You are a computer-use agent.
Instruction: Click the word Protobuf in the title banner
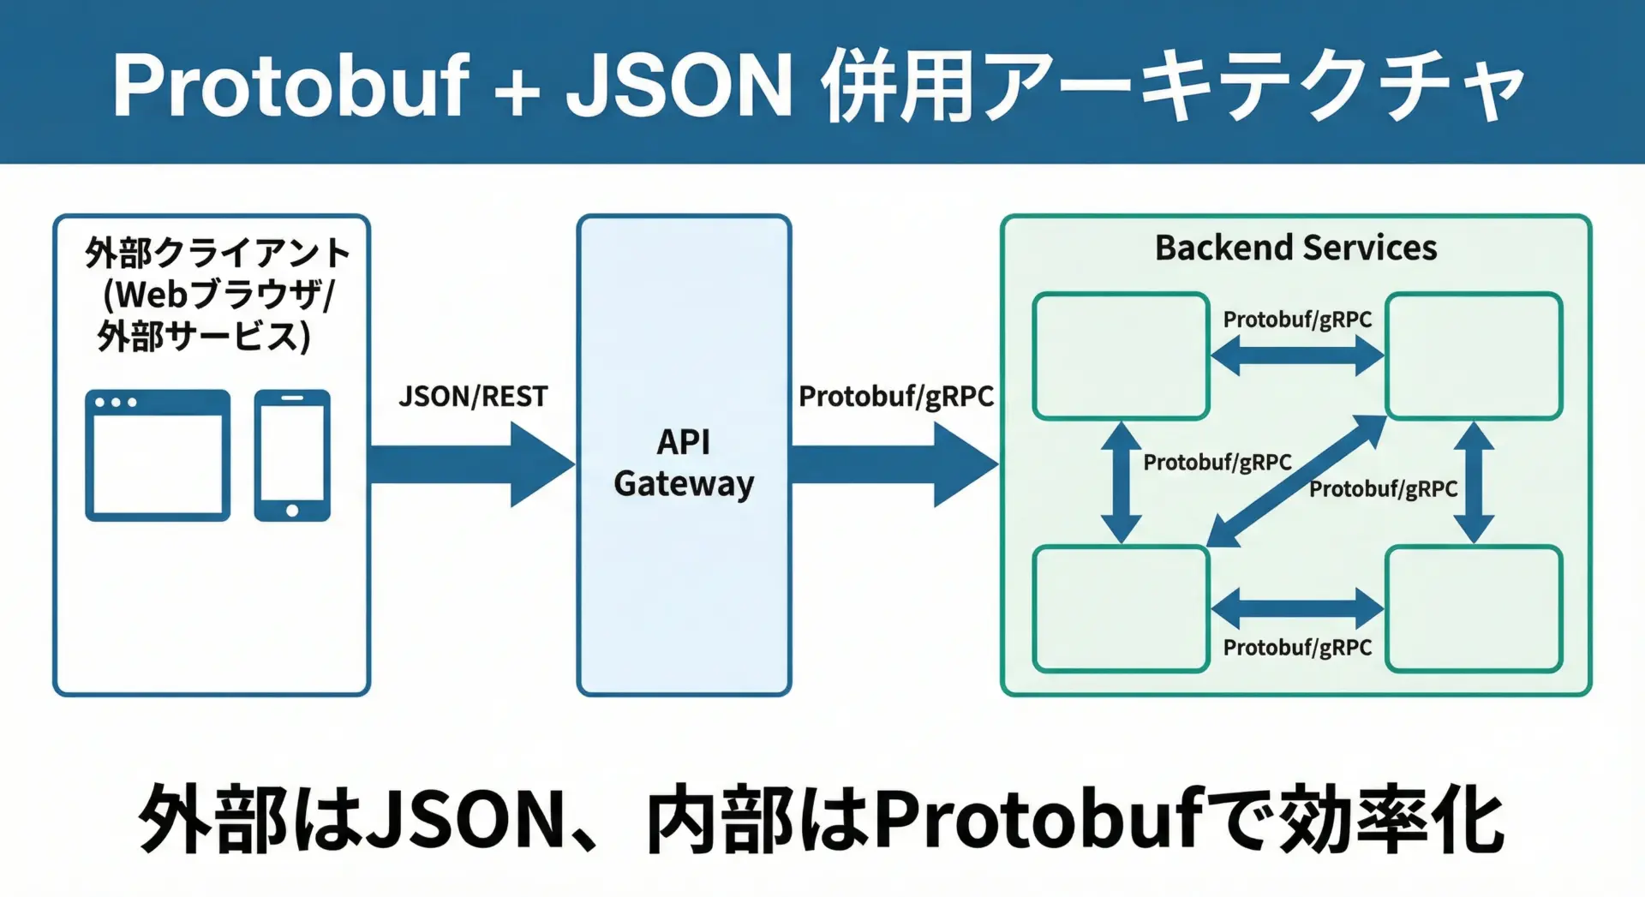(290, 86)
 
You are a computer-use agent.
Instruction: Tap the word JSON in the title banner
(679, 86)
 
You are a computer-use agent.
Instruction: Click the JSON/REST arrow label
(473, 397)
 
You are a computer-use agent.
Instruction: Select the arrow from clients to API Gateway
(471, 464)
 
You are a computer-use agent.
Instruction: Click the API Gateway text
(684, 463)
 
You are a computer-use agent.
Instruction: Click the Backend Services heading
(1295, 248)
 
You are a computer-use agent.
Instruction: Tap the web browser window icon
(158, 455)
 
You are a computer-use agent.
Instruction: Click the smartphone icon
(292, 455)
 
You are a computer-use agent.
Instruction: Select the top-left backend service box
(1121, 356)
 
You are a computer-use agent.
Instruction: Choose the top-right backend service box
(1474, 356)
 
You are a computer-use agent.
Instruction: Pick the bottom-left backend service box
(1121, 609)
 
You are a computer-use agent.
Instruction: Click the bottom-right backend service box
(1474, 609)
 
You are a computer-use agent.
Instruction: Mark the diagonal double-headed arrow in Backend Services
(1296, 481)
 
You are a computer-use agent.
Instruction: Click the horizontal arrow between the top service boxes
(1297, 355)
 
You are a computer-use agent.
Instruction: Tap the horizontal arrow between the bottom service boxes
(1297, 608)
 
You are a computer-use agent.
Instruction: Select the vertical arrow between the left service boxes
(1120, 482)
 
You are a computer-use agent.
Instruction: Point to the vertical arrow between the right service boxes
(1475, 482)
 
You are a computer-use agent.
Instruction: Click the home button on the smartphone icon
(292, 511)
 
